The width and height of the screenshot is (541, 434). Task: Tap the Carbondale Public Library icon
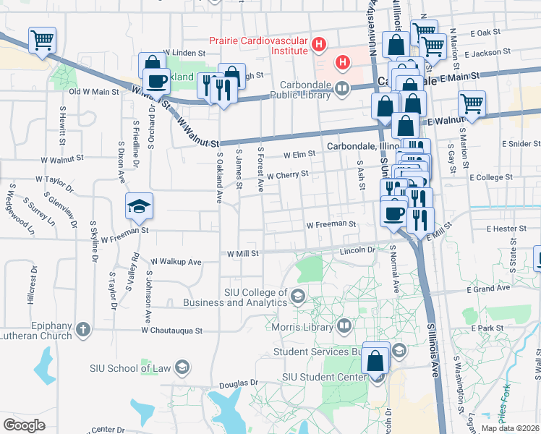(x=341, y=88)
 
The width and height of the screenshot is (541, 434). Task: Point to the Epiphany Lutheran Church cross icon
(x=83, y=331)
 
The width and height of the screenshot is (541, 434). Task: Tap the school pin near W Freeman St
(x=139, y=208)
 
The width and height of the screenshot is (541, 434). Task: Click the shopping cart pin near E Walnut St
(x=472, y=104)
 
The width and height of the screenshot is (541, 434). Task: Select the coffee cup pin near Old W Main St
(x=156, y=80)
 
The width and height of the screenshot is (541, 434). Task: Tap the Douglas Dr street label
(x=239, y=383)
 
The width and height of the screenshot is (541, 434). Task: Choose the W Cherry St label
(x=287, y=174)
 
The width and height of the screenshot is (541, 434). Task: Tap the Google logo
(x=24, y=425)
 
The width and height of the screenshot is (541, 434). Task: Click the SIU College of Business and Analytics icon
(x=297, y=296)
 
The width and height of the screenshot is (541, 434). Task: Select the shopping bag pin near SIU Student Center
(x=376, y=359)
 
